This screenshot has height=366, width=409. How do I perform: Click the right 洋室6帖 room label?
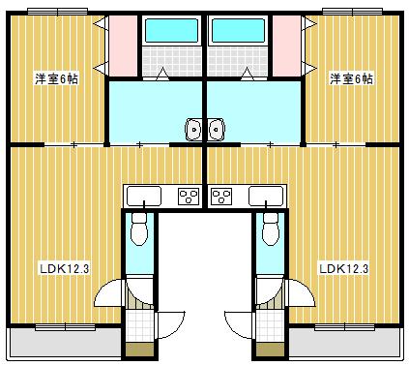(351, 78)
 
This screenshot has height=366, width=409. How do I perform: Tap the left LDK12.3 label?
(64, 268)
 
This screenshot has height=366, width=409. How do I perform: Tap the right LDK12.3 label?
(345, 268)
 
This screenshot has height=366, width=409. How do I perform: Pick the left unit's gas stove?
(189, 197)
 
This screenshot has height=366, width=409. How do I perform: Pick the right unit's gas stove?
(221, 197)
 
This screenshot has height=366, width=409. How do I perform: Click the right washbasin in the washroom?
(215, 128)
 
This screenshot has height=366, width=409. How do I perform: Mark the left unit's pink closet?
(123, 46)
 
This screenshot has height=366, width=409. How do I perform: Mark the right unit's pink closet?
(286, 46)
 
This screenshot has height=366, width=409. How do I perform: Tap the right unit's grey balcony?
(344, 341)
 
